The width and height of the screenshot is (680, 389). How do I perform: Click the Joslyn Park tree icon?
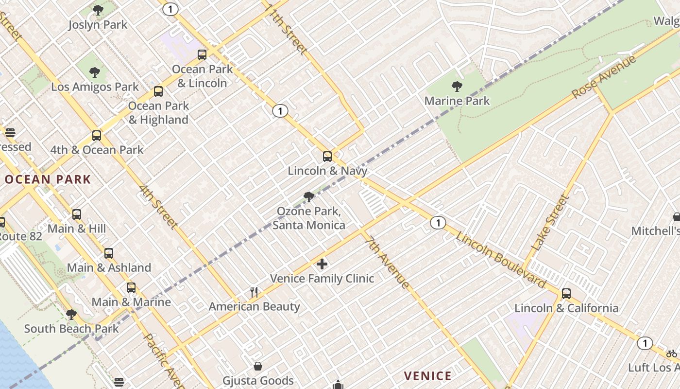point(98,10)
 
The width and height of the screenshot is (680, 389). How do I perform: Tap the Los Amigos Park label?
point(95,87)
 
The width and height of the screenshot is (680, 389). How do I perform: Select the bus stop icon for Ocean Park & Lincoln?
point(202,55)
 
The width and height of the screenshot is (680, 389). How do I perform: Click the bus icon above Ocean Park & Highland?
point(158,91)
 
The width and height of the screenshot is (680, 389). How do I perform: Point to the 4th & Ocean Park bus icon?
point(97,136)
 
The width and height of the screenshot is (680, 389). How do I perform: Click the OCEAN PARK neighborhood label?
point(48,179)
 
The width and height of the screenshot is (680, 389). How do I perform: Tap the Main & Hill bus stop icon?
point(77,214)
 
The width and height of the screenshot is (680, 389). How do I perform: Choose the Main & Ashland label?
point(109,267)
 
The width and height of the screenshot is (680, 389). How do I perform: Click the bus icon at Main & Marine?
point(131,288)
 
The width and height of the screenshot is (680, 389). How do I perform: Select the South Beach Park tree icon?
point(71,315)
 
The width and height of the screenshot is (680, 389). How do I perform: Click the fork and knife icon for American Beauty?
point(254,292)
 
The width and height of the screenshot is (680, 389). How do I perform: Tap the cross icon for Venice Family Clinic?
point(322,264)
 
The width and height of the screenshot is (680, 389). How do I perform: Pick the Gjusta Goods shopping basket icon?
point(258,366)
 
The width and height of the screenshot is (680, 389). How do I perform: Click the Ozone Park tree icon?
point(308,197)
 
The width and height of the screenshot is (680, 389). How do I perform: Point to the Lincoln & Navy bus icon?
point(327,157)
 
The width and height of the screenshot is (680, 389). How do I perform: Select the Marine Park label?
point(457,101)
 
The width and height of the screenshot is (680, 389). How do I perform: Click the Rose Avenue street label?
point(604,77)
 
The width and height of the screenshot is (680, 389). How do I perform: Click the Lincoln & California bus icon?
point(566,294)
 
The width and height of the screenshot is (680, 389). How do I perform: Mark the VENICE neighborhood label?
point(428,376)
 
